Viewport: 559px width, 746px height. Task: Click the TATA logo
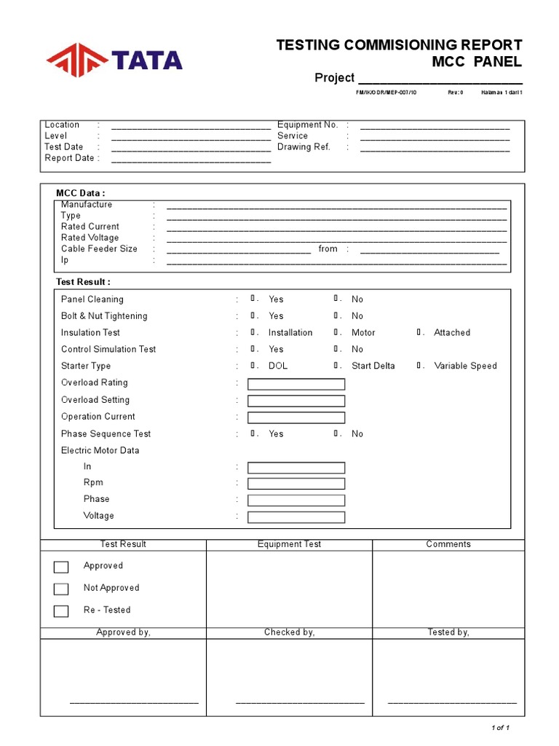114,60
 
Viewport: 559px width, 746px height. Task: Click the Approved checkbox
61,567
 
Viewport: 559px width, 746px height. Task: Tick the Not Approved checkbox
61,589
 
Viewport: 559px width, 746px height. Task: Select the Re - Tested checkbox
61,611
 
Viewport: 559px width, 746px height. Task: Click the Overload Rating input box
296,384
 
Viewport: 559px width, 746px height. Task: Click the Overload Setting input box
296,401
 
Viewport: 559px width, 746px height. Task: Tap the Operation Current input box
296,417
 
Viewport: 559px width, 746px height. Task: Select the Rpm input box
296,484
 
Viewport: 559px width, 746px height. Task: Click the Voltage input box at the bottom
296,517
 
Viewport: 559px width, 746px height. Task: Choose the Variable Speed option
421,366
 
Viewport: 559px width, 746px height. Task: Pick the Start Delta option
337,366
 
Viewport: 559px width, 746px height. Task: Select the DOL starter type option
254,366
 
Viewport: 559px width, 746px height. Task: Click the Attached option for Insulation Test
421,332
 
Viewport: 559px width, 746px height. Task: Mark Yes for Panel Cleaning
254,299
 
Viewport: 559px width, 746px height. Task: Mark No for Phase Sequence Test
337,433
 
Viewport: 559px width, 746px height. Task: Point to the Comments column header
448,544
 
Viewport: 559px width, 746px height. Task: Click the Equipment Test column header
289,544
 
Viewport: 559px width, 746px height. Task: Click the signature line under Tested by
452,702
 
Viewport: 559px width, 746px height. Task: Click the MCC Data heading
81,193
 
